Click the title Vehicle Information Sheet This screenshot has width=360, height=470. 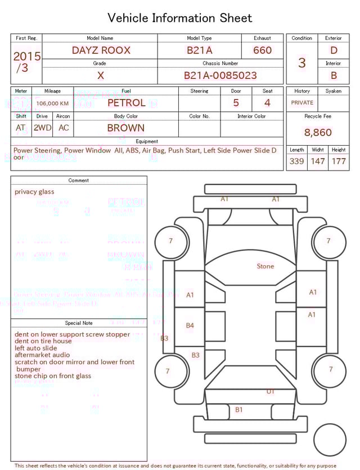180,18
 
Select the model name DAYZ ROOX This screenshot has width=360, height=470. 101,50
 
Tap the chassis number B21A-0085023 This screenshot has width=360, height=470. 220,75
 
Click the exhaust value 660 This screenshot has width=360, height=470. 262,50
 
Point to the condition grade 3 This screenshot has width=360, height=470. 301,62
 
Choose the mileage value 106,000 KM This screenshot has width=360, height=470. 52,104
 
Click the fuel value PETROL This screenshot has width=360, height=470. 126,103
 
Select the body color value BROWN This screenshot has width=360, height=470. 125,128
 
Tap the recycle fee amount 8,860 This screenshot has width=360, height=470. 318,133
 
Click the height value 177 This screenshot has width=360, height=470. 339,162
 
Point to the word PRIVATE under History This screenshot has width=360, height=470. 302,103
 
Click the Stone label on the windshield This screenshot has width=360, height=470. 265,266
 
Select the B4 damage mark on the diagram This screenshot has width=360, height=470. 190,325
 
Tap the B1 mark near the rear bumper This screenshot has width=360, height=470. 239,410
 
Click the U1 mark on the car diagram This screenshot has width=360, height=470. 271,391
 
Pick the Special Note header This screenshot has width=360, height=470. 79,323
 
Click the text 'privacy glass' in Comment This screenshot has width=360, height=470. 34,192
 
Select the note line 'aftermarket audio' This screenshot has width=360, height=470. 42,355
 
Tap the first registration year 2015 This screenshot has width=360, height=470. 26,56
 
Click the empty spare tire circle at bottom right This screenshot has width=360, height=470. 330,440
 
